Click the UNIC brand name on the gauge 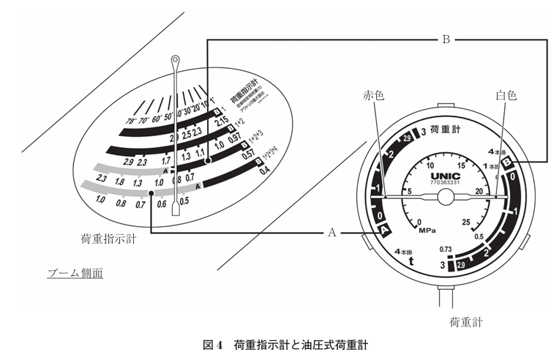pos(440,177)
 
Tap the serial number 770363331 pos(440,187)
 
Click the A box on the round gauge pos(386,230)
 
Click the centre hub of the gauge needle pos(440,198)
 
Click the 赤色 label pos(373,95)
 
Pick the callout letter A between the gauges pos(331,233)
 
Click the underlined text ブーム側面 pos(75,274)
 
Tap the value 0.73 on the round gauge pos(447,250)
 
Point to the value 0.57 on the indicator pos(248,154)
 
